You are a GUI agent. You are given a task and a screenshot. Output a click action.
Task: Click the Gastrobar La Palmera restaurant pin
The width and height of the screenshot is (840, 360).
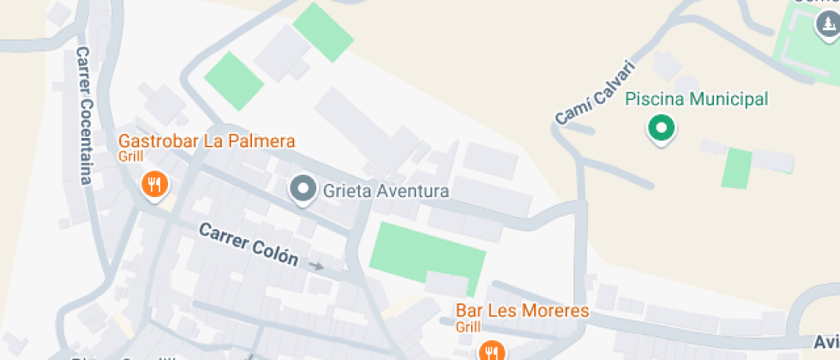point(154,183)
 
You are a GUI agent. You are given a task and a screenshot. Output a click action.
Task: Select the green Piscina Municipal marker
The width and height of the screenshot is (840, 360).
point(661,129)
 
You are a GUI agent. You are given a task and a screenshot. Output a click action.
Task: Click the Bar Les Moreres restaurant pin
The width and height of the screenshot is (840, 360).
point(491,351)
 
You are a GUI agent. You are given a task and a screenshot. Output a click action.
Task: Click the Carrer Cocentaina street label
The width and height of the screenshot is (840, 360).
point(84,115)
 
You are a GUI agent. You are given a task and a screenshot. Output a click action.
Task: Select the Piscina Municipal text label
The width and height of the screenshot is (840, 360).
point(696,99)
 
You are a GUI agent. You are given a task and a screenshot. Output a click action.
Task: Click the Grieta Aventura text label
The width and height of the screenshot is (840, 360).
point(386,190)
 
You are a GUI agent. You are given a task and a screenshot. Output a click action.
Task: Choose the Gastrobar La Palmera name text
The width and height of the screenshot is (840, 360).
point(207,141)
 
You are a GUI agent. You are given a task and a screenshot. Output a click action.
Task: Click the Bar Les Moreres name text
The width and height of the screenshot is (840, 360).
point(522,310)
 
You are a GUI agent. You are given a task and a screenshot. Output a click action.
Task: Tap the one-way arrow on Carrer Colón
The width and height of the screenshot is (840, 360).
point(316,267)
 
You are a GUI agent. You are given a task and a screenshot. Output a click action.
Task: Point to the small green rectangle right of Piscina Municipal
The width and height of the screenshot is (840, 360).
point(736,168)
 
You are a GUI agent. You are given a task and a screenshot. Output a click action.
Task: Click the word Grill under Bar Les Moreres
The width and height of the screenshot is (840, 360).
point(467,327)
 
